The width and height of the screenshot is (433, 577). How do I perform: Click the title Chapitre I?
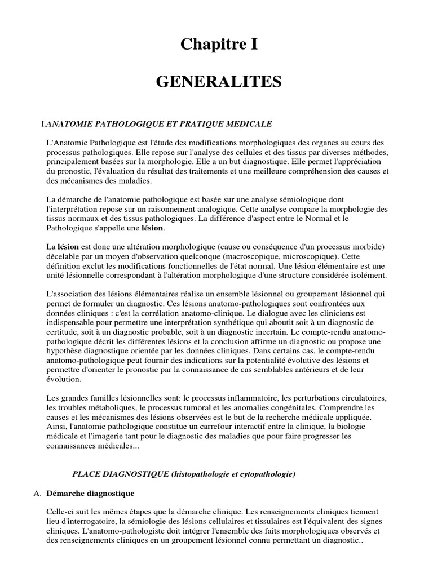click(219, 45)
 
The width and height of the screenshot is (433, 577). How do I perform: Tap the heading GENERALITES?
click(219, 83)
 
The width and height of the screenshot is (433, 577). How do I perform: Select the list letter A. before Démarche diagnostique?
click(39, 494)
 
